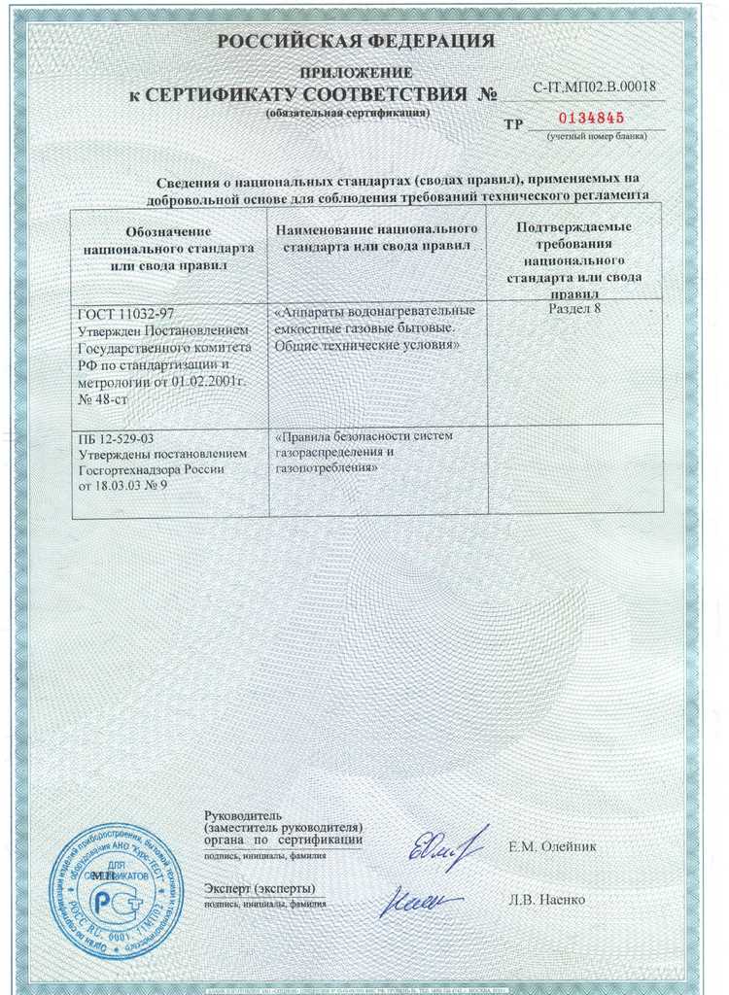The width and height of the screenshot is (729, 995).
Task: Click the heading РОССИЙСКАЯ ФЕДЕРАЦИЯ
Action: point(356,41)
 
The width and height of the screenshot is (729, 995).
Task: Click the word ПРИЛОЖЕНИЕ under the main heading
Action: point(356,74)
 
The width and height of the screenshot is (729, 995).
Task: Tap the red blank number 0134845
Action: point(591,119)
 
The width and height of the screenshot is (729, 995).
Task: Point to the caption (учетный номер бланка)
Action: point(596,136)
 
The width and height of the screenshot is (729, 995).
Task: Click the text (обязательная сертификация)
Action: point(347,113)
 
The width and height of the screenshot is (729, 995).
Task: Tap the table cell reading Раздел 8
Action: point(575,309)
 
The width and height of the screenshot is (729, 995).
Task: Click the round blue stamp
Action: point(116,890)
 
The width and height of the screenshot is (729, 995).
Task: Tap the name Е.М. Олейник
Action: point(552,847)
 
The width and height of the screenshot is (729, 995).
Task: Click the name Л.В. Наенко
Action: point(546,900)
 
